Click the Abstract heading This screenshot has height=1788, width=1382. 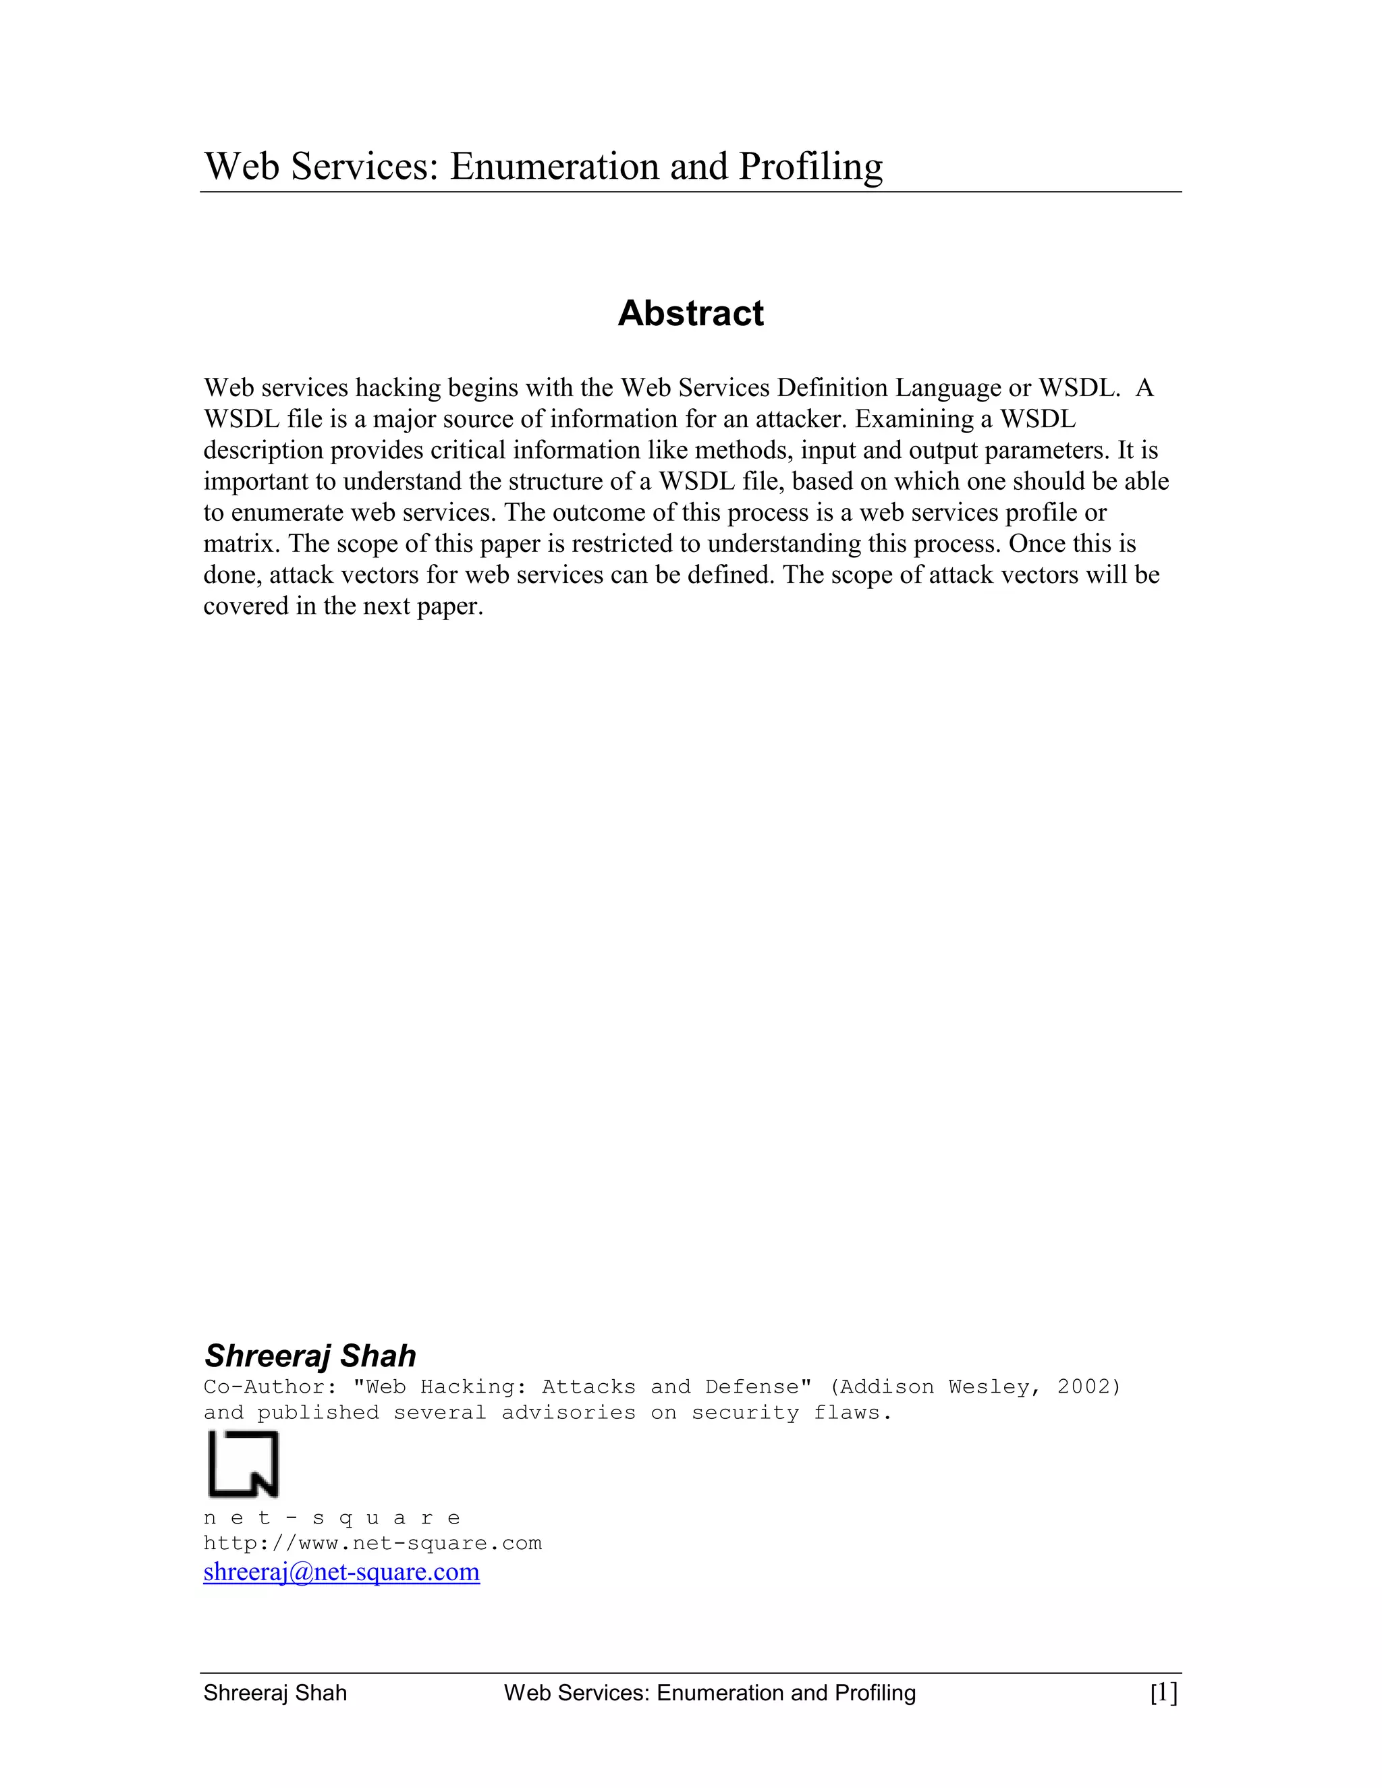[690, 313]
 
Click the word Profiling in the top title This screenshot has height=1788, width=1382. [810, 167]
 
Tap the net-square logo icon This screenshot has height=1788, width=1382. [243, 1464]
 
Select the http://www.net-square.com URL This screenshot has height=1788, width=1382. [372, 1543]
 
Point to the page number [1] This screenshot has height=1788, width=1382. [1163, 1692]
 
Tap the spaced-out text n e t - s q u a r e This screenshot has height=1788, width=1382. [331, 1518]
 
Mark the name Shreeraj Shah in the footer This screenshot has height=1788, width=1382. [275, 1693]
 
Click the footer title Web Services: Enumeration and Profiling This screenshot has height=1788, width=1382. [710, 1693]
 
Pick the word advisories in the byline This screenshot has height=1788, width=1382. [568, 1413]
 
